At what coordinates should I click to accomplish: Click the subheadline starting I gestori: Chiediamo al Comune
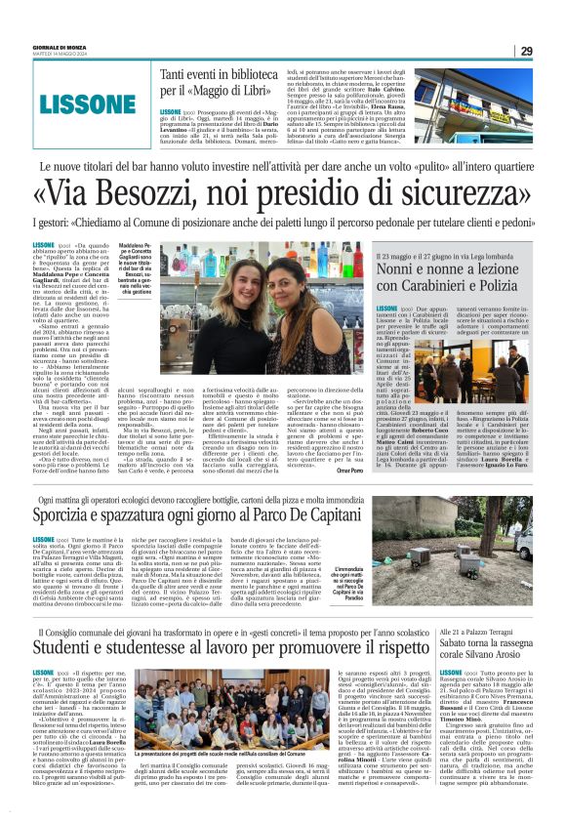point(282,225)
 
